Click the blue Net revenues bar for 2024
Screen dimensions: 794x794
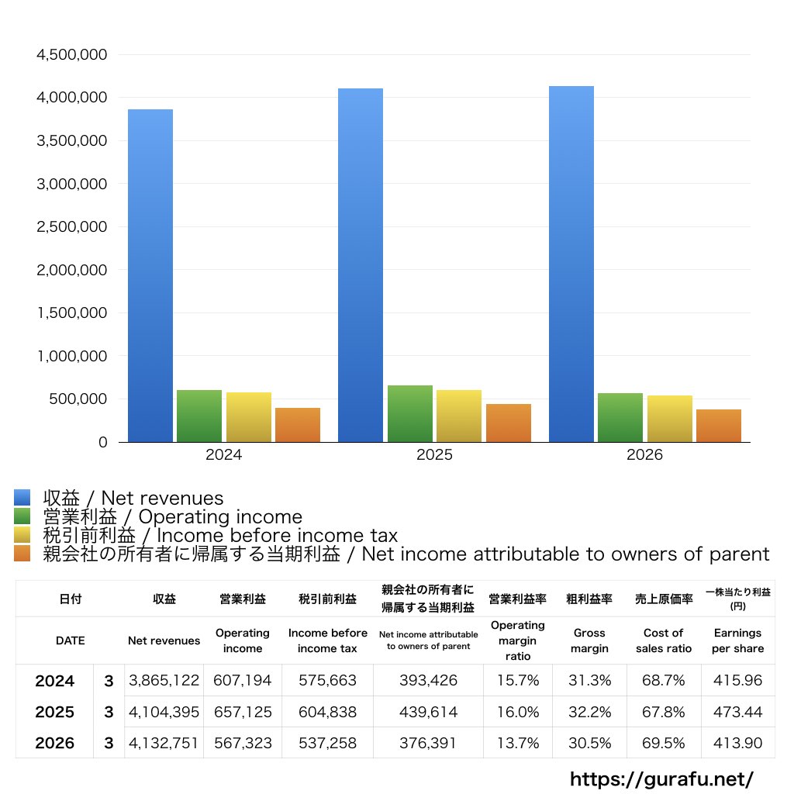[150, 275]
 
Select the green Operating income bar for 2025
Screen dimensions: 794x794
[410, 414]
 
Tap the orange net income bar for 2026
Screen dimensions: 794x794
[719, 426]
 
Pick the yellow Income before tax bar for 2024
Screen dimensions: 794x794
[249, 417]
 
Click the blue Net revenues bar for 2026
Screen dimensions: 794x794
[571, 264]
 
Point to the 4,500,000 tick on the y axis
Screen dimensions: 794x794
[72, 55]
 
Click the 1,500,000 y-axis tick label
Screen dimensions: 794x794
[72, 313]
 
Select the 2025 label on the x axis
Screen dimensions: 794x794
[434, 454]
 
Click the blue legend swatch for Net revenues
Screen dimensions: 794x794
[22, 497]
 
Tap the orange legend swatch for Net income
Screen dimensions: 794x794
[22, 554]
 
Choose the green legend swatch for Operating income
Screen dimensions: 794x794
[22, 516]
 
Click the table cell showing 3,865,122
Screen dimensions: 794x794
[164, 680]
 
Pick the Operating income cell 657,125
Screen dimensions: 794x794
[243, 712]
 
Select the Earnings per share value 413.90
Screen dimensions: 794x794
[738, 743]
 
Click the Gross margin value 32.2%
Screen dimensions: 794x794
[590, 712]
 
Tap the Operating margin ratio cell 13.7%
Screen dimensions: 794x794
[518, 743]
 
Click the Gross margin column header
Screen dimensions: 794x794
[589, 640]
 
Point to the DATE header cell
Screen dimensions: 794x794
[71, 640]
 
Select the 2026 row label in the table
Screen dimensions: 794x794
[55, 743]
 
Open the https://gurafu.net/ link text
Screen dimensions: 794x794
[662, 778]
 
